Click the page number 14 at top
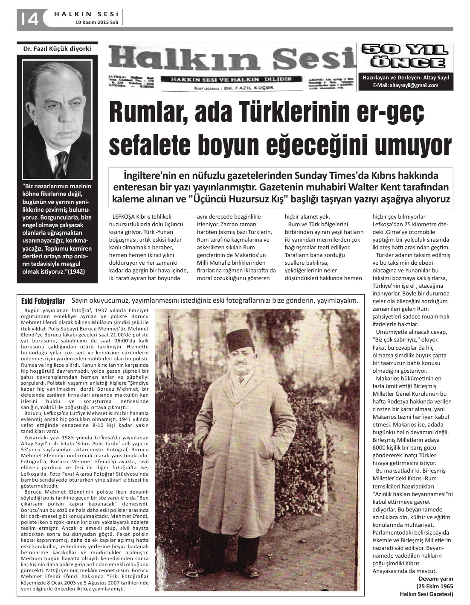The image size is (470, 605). tap(29, 19)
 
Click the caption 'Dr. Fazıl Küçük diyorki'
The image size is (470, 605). tap(57, 49)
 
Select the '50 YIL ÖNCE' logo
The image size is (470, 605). tap(406, 56)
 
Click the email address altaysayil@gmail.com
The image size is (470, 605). tap(406, 85)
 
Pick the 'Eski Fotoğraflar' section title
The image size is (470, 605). tap(43, 301)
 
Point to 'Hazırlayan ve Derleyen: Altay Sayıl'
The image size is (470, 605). tap(406, 78)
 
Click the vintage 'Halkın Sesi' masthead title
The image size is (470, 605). tap(233, 59)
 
